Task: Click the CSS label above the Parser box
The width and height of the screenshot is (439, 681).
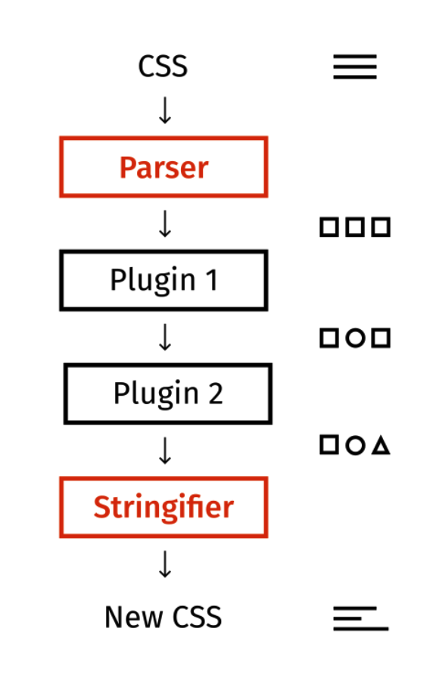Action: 163,67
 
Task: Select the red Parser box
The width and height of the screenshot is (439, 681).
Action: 163,137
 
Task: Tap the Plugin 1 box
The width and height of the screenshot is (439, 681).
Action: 163,251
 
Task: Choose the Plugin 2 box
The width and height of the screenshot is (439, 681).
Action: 168,365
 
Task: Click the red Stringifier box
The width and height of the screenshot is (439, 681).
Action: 163,478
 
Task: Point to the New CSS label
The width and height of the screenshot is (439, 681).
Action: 163,617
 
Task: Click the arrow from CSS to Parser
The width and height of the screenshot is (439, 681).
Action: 165,110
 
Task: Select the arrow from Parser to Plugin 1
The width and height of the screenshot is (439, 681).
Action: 165,224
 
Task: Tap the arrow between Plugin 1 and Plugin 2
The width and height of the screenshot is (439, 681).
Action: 165,337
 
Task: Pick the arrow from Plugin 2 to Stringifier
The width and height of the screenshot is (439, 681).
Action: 165,451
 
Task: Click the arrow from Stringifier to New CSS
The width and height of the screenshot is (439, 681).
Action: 165,564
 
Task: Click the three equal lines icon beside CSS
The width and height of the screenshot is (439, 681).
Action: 355,67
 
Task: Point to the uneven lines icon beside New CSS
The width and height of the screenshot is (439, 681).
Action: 361,618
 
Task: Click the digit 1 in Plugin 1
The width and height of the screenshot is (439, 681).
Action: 212,280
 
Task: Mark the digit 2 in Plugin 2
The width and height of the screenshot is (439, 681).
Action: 215,393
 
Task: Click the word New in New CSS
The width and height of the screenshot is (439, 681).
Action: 133,617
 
